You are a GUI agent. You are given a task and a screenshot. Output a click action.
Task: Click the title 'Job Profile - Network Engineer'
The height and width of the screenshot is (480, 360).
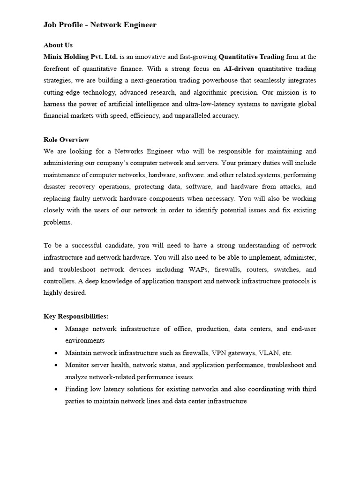(x=100, y=25)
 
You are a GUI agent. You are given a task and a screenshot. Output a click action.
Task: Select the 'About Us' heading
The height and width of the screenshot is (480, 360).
(x=58, y=45)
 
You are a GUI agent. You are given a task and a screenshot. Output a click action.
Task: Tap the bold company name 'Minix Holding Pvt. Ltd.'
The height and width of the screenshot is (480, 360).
(x=81, y=57)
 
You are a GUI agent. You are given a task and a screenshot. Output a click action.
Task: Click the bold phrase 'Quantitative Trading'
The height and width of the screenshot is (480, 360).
(x=252, y=57)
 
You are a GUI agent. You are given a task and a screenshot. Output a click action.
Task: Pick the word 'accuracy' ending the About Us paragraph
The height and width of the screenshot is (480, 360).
(x=225, y=116)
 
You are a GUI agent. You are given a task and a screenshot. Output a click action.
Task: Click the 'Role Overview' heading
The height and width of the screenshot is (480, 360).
(x=66, y=140)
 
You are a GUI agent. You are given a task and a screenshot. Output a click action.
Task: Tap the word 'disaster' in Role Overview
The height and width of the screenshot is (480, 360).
(x=55, y=187)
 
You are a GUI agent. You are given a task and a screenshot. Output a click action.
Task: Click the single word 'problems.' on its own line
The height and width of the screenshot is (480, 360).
(x=58, y=222)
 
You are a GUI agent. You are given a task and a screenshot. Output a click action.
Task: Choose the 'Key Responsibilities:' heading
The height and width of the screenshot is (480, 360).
(x=75, y=316)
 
